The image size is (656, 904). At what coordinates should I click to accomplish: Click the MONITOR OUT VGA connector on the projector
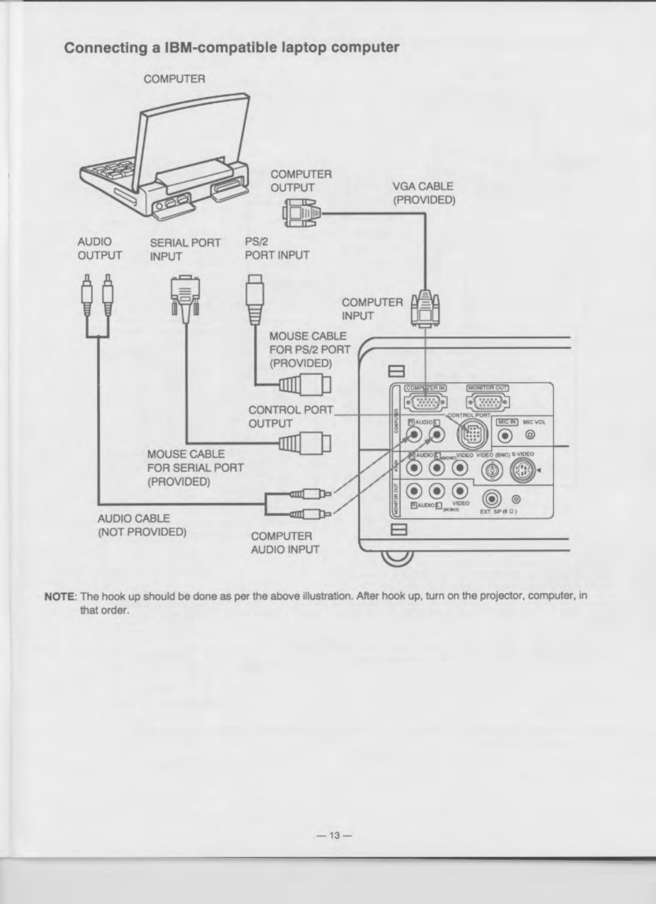tap(488, 402)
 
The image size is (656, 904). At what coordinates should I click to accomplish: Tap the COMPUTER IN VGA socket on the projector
tap(425, 402)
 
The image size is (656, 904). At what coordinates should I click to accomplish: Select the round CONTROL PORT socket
tap(472, 434)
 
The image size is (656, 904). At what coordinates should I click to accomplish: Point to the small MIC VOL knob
tap(530, 434)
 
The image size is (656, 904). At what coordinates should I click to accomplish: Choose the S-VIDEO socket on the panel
tap(522, 472)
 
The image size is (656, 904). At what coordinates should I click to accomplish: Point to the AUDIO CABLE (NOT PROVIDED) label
tap(142, 525)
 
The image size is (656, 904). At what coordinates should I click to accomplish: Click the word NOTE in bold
tap(60, 597)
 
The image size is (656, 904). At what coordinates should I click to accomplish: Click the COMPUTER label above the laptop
tap(174, 79)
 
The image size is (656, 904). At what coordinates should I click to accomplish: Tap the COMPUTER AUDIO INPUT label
tap(285, 543)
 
